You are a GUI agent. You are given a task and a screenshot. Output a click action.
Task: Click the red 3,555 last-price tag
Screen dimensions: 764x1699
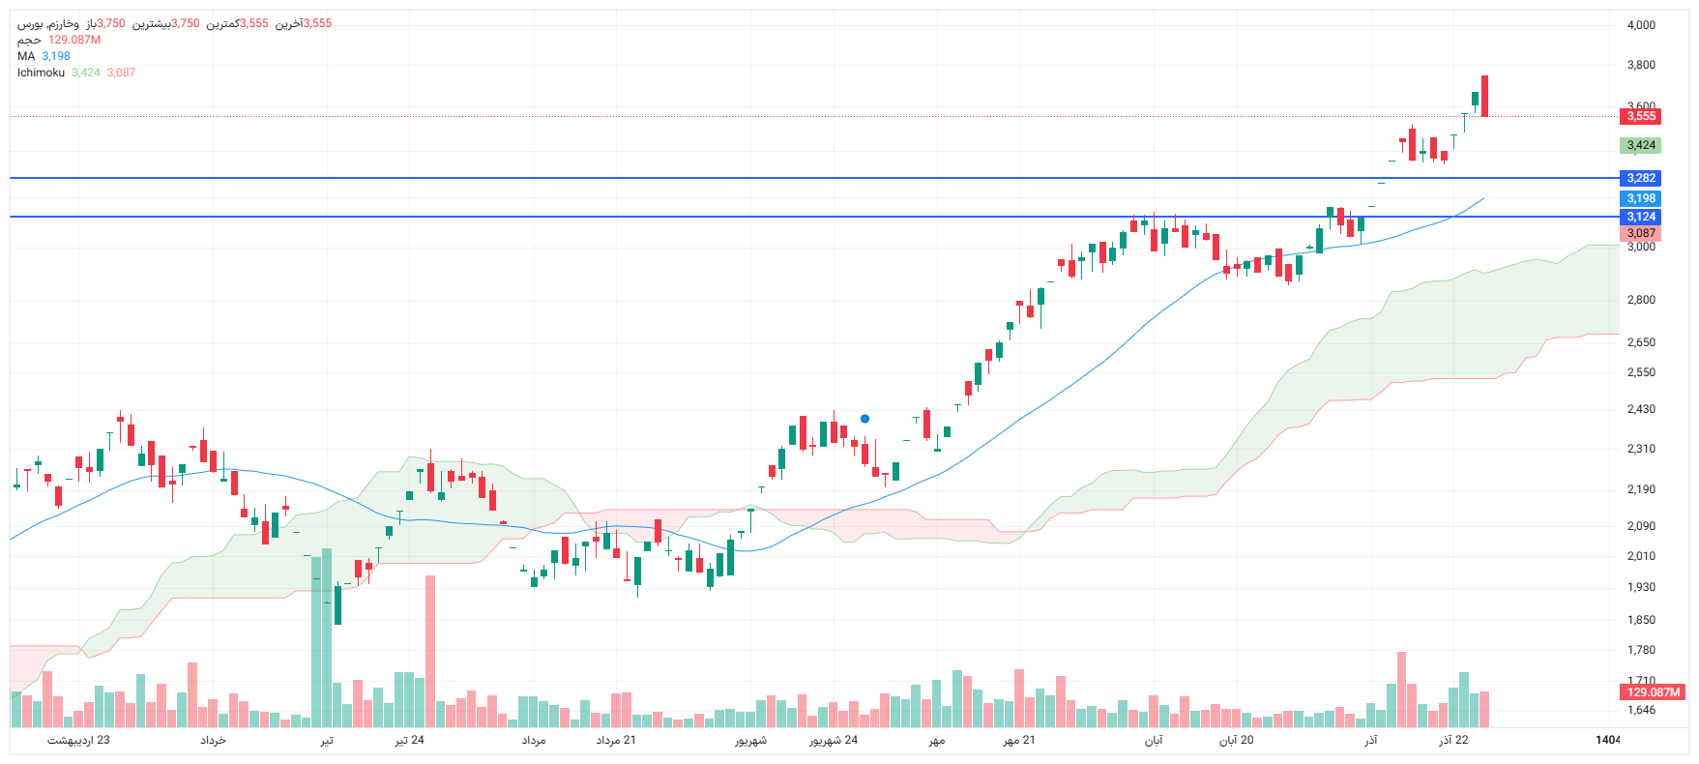click(1640, 116)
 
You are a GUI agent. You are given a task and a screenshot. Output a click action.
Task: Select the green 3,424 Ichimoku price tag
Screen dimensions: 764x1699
click(1640, 145)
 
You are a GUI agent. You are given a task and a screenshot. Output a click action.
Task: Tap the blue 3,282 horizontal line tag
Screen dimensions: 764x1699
click(1640, 178)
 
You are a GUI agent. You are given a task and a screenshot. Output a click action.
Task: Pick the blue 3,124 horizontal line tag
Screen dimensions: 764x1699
click(1640, 217)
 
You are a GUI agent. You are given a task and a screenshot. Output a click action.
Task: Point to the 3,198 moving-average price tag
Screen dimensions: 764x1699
click(1640, 198)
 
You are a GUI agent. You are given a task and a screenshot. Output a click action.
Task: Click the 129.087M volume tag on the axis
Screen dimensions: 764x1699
click(1653, 692)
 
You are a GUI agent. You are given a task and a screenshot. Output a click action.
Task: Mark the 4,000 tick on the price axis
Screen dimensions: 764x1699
click(1641, 25)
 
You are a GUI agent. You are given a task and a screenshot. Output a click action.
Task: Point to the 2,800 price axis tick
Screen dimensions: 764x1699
click(1641, 300)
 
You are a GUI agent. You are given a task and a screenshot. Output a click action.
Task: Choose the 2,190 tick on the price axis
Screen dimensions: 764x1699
click(1641, 489)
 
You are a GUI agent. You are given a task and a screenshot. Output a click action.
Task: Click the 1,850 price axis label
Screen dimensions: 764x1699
click(1641, 620)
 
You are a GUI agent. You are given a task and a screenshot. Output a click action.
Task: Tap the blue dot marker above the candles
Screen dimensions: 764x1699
click(864, 419)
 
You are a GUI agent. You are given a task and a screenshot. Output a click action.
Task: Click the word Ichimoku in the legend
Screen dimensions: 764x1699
click(41, 73)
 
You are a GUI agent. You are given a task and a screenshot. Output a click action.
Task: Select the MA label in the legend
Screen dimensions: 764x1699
click(26, 56)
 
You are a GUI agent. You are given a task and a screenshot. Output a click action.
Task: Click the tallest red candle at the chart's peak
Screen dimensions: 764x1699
click(1484, 96)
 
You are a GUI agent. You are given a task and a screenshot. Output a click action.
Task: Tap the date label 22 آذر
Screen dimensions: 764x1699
click(1453, 740)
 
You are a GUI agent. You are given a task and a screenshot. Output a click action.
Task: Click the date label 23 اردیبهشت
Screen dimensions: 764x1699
click(78, 740)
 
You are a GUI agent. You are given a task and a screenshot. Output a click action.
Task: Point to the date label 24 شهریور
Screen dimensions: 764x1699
click(833, 740)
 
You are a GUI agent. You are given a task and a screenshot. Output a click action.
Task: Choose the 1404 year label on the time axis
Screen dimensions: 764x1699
click(1607, 740)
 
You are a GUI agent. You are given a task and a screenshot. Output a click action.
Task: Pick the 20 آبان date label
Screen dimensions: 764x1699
click(1236, 740)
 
